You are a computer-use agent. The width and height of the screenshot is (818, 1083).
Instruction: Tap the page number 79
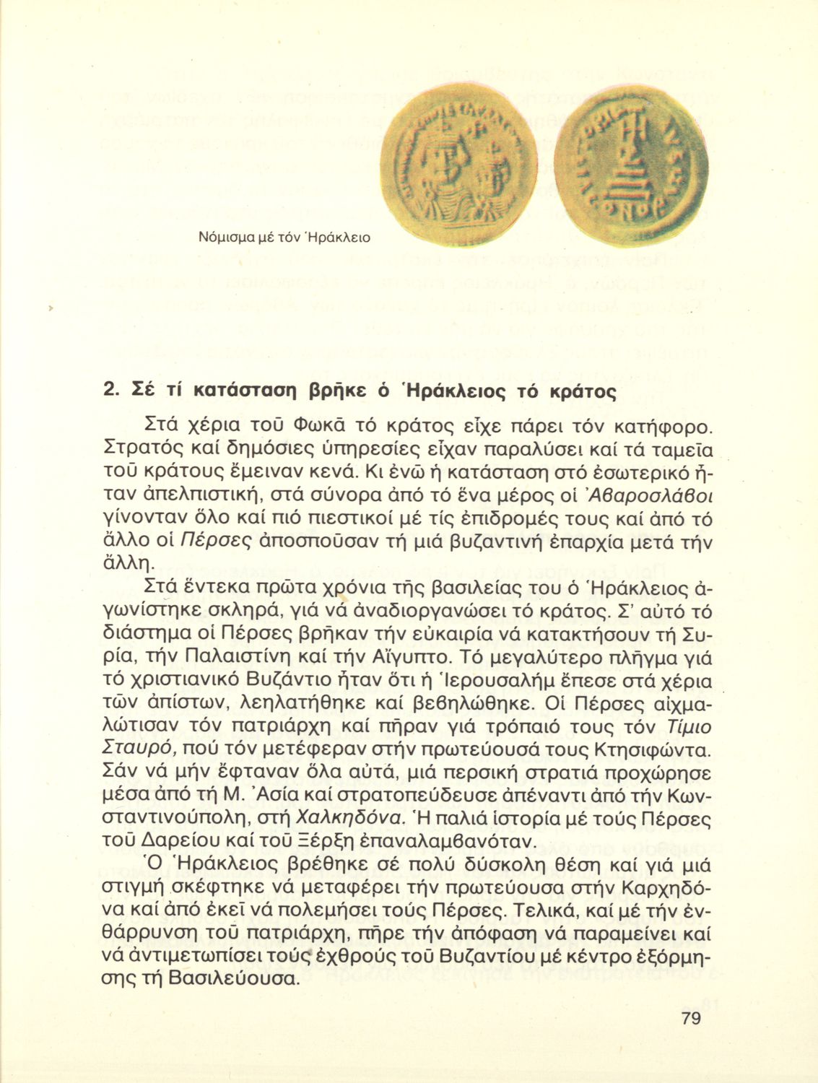(x=690, y=1019)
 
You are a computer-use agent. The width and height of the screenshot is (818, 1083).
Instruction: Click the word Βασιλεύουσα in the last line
(x=231, y=979)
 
